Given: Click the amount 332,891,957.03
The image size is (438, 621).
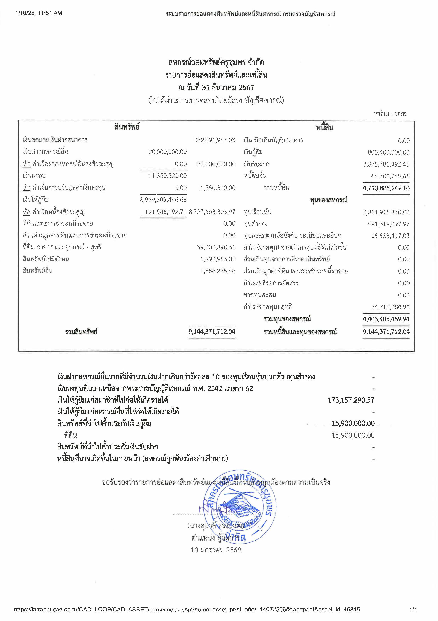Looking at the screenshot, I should [x=215, y=140].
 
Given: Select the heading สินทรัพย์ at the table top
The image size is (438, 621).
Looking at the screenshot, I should [x=127, y=127].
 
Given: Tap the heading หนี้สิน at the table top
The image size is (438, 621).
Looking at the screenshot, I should [x=324, y=127].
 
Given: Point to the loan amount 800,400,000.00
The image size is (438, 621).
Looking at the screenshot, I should [x=388, y=152].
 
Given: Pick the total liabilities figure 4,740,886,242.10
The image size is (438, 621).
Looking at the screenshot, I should [x=386, y=188].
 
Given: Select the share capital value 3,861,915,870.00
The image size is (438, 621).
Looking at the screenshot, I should [x=386, y=212].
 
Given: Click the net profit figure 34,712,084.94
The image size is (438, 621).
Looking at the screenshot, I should [x=390, y=307].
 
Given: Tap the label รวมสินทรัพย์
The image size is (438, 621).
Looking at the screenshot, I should [x=81, y=332].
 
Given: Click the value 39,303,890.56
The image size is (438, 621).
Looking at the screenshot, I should [x=216, y=247].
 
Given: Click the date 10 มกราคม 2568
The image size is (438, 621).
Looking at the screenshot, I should [x=216, y=550].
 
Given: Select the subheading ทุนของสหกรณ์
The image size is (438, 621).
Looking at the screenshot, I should [x=328, y=200].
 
